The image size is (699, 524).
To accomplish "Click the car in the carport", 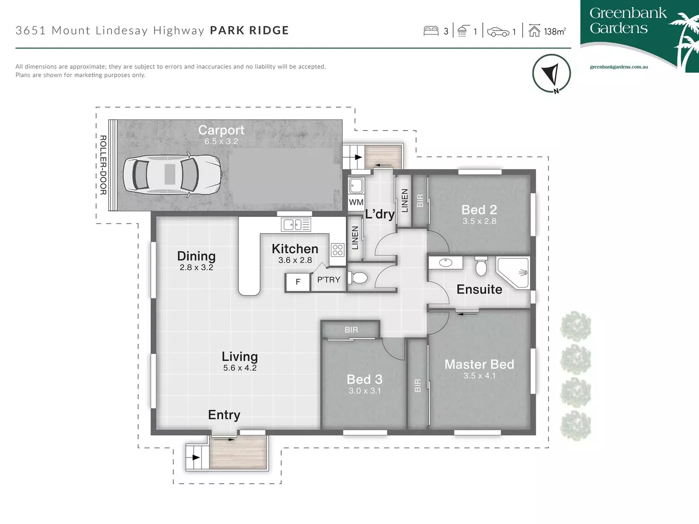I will [x=172, y=174].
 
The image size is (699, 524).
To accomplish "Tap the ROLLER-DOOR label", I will [x=103, y=165].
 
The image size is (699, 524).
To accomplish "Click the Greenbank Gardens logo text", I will [x=628, y=20].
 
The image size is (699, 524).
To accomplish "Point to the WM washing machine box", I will [x=356, y=202].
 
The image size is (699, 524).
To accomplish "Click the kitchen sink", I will [x=296, y=224].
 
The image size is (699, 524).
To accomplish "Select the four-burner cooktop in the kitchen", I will [x=337, y=250].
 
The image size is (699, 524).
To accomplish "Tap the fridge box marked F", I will [x=298, y=282].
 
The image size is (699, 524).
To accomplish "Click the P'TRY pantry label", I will [x=329, y=280].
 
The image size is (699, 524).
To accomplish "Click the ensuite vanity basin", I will [x=445, y=263].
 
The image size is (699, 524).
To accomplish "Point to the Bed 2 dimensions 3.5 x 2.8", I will [x=479, y=221].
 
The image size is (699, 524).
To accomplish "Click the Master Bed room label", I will [x=479, y=364].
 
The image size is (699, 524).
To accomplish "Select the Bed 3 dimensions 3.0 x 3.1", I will [x=365, y=391].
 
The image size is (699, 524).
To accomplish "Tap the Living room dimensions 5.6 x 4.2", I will [x=240, y=368].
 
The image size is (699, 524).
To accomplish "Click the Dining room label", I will [x=196, y=256].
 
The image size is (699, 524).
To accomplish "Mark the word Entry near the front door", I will [x=224, y=415].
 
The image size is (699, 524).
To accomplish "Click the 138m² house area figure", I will [x=554, y=32].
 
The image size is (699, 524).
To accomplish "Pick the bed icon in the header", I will [x=431, y=31].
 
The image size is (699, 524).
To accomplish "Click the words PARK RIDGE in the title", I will [x=249, y=31].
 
